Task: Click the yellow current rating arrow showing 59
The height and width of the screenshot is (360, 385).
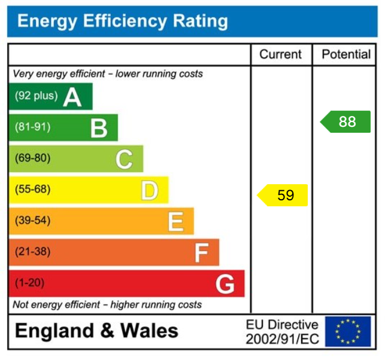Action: click(x=283, y=195)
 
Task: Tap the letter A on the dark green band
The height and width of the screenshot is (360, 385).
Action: click(x=72, y=96)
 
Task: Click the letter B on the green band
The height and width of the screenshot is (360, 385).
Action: click(x=99, y=128)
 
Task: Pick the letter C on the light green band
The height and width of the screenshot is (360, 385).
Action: click(x=124, y=159)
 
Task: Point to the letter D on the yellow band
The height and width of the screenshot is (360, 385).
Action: click(x=150, y=190)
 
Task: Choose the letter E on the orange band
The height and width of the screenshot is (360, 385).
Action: click(x=175, y=221)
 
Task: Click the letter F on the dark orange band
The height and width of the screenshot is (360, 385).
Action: click(x=201, y=252)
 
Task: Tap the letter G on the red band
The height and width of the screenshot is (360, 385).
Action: click(x=225, y=283)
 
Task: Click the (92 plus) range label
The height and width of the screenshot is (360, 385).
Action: click(x=36, y=96)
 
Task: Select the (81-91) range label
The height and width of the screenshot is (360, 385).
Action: click(x=32, y=127)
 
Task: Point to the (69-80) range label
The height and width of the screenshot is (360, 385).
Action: click(x=32, y=158)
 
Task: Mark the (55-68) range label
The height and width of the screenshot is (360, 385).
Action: click(x=32, y=190)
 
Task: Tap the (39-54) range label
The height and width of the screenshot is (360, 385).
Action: click(x=32, y=221)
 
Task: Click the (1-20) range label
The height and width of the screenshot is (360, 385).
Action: click(x=29, y=283)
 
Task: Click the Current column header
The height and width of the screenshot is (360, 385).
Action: click(x=280, y=54)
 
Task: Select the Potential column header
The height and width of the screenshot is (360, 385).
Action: click(x=346, y=54)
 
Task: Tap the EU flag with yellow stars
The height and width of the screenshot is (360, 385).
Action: click(x=348, y=331)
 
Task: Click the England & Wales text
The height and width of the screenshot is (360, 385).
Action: click(x=96, y=331)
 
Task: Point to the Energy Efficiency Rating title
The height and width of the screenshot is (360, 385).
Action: click(x=123, y=22)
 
